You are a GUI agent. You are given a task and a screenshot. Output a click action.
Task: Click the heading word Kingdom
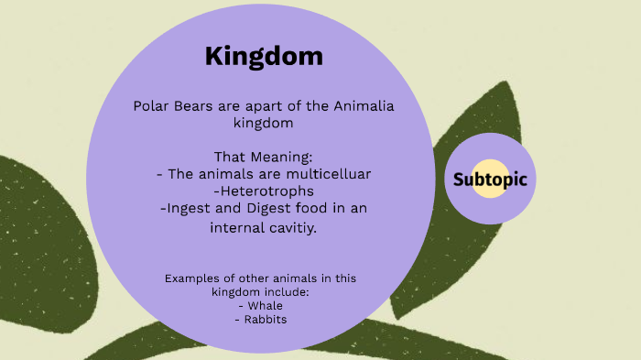tap(264, 56)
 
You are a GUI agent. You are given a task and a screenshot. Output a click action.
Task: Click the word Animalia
tap(357, 106)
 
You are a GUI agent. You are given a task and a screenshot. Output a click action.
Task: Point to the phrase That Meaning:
tap(263, 157)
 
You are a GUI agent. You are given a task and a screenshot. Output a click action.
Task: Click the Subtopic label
tap(490, 179)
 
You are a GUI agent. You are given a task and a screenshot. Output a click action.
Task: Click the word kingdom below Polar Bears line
tap(264, 124)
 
